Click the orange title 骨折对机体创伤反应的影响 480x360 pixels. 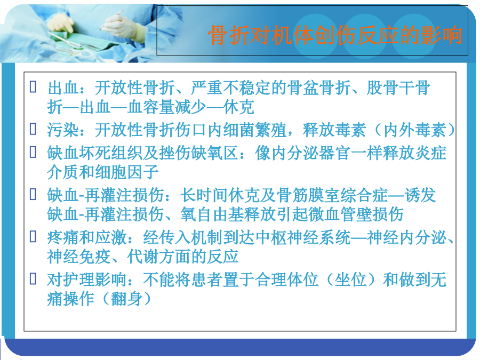click(x=335, y=35)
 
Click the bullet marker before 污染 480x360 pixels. click(x=33, y=129)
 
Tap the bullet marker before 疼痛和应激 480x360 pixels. click(x=33, y=236)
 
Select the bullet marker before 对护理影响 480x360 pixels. click(x=33, y=278)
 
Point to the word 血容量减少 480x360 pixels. click(x=167, y=107)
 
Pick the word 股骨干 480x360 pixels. click(x=390, y=88)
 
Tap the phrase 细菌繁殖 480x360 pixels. click(x=255, y=130)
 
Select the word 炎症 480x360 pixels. click(x=430, y=153)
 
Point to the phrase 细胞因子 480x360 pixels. click(x=127, y=172)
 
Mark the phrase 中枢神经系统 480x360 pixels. click(x=303, y=237)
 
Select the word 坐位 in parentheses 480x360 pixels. click(x=350, y=279)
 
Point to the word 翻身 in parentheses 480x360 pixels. click(x=127, y=299)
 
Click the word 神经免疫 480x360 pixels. click(x=79, y=256)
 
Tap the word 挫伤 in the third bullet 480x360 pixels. click(x=175, y=153)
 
